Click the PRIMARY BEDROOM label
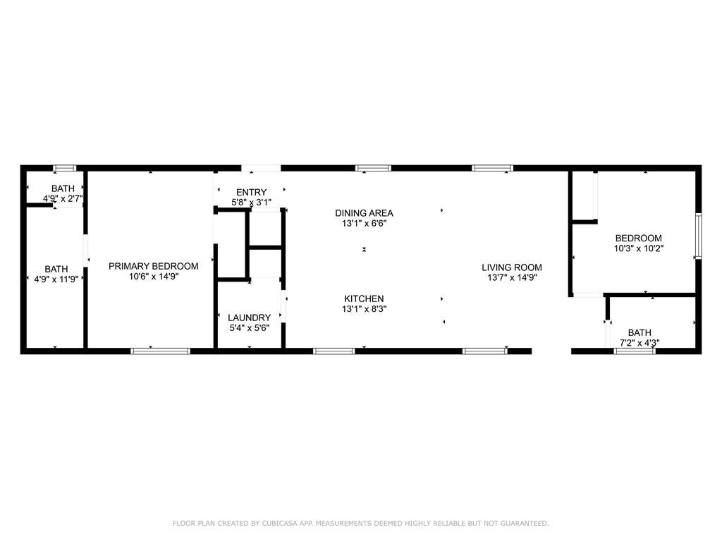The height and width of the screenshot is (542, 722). (153, 266)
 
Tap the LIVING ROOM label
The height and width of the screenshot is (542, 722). (512, 267)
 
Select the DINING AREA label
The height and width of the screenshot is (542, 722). (364, 213)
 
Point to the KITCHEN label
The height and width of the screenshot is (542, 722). (364, 299)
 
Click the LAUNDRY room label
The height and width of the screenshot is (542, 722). (249, 318)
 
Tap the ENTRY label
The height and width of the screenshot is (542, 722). (252, 192)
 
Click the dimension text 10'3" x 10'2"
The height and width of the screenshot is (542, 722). (639, 248)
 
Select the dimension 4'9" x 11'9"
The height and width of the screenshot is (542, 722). (56, 279)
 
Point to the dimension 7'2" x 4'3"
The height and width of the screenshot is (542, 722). (640, 342)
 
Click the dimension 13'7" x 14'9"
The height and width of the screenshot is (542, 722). (512, 277)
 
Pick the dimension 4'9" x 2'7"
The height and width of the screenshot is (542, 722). (63, 198)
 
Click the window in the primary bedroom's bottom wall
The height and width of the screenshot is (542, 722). (160, 351)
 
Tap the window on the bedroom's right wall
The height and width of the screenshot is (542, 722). (698, 236)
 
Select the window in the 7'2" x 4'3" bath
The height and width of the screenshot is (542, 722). (635, 351)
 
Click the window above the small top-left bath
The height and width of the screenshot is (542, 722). (64, 168)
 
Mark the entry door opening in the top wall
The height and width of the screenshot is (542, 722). (261, 168)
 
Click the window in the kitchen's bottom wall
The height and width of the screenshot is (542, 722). (334, 351)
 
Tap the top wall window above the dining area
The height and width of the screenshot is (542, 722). (374, 168)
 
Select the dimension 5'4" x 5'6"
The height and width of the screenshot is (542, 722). (249, 327)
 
